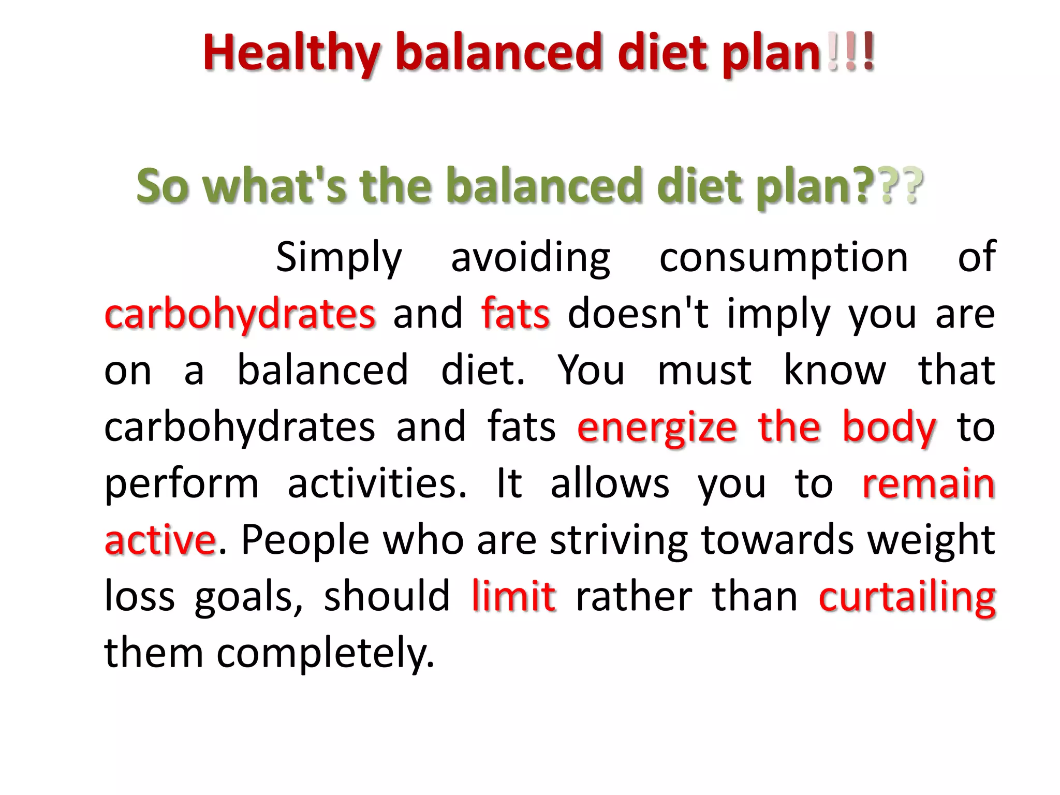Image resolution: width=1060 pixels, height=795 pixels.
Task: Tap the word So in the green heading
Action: click(163, 186)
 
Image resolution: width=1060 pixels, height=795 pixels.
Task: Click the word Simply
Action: click(338, 258)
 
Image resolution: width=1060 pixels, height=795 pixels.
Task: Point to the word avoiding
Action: click(531, 258)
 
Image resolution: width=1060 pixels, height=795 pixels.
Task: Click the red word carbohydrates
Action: click(240, 314)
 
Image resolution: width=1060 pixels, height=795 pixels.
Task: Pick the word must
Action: click(704, 371)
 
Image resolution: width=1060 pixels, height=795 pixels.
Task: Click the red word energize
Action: click(657, 428)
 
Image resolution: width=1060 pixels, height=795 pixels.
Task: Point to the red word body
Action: click(889, 428)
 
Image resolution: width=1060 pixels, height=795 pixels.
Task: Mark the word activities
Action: click(377, 483)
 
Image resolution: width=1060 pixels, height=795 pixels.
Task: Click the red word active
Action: click(160, 540)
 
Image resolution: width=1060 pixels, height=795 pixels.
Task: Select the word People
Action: click(305, 540)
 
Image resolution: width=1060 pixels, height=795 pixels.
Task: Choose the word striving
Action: click(619, 541)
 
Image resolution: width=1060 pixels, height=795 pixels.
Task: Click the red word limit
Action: click(513, 596)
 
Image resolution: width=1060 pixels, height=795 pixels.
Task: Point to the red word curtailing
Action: click(907, 597)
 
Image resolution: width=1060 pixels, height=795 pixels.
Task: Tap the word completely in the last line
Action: click(325, 653)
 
